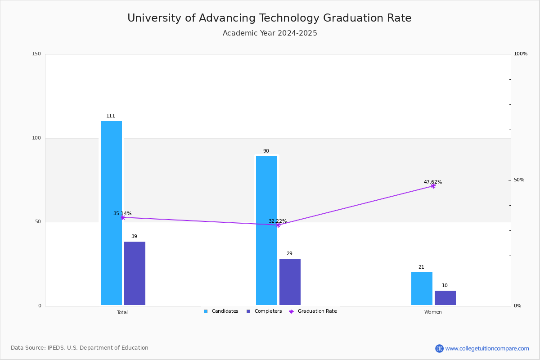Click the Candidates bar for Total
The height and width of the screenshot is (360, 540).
tap(112, 213)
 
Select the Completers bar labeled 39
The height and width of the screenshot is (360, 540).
tap(135, 273)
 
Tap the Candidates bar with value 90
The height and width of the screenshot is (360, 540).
tap(266, 230)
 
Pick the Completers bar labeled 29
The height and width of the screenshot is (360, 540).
tap(290, 282)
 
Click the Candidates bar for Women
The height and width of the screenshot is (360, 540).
tap(422, 288)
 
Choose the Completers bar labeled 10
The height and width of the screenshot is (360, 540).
tap(445, 298)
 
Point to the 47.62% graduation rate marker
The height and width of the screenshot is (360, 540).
tap(433, 186)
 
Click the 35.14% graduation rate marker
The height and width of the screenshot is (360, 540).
tap(123, 217)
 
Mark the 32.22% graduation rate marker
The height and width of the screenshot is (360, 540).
tap(278, 225)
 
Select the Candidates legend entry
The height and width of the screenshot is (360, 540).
tap(221, 311)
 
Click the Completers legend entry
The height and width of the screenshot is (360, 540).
tap(264, 311)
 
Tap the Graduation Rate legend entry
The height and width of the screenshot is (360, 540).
tap(313, 311)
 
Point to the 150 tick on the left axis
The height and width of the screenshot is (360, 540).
tap(36, 54)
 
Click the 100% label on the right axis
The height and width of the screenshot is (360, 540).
tap(521, 54)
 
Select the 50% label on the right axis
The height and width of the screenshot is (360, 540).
tap(519, 180)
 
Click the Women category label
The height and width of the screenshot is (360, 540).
tap(433, 312)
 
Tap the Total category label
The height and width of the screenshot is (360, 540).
tap(122, 312)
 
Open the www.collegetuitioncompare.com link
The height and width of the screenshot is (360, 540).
tap(487, 348)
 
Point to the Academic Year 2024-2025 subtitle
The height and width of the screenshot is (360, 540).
tap(270, 33)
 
